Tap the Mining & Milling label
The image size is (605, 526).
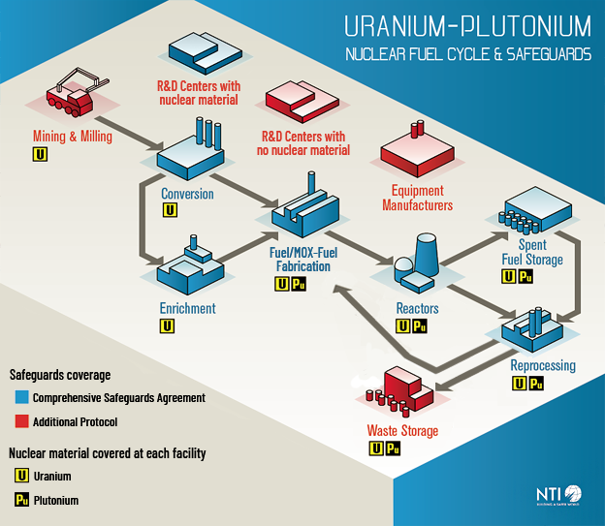tap(73, 137)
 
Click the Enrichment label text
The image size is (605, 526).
tap(187, 309)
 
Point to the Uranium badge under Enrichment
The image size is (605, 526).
tap(168, 326)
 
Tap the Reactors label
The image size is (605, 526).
tap(418, 309)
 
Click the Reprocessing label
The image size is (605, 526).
tap(543, 366)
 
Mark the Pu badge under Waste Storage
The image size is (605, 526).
tap(392, 449)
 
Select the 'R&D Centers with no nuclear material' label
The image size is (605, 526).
tap(304, 143)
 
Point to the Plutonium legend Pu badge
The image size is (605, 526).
tap(18, 500)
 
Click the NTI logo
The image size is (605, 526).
tap(558, 495)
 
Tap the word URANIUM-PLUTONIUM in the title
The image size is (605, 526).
tap(467, 24)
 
